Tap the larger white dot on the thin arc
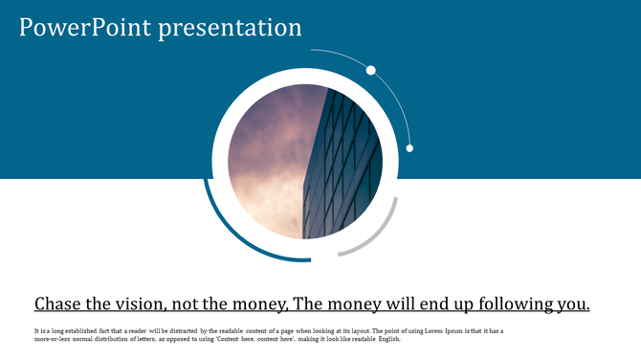pos(371,70)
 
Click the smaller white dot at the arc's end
pos(409,148)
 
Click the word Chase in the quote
pos(59,304)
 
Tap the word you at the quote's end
pos(571,304)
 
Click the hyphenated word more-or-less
pos(55,339)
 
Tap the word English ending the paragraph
pos(387,339)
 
